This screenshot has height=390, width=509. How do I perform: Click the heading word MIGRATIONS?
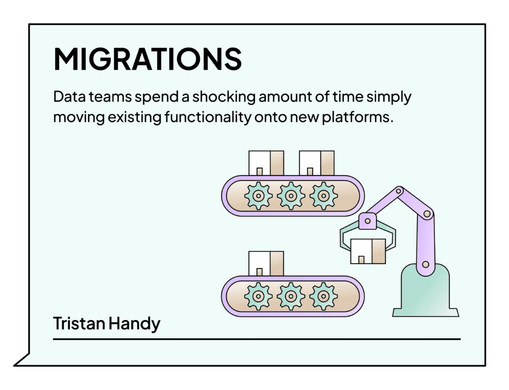pyautogui.click(x=148, y=59)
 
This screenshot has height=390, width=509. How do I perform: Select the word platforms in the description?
pyautogui.click(x=357, y=117)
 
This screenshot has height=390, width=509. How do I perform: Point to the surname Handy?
pyautogui.click(x=134, y=324)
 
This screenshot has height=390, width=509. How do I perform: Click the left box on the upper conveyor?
pyautogui.click(x=266, y=163)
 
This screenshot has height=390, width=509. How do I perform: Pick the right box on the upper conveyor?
pyautogui.click(x=317, y=163)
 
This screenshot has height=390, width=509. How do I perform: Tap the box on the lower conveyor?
pyautogui.click(x=266, y=263)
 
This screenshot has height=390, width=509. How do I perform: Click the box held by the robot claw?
pyautogui.click(x=368, y=251)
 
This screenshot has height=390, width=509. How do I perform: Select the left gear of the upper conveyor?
pyautogui.click(x=258, y=196)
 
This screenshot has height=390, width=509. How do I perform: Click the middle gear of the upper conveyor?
pyautogui.click(x=291, y=196)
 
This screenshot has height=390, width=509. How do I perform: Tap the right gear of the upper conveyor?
pyautogui.click(x=323, y=196)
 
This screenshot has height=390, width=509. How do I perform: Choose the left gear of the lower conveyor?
pyautogui.click(x=258, y=296)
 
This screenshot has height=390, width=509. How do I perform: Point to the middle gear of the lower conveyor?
pyautogui.click(x=291, y=296)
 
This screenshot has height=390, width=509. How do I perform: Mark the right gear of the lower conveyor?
pyautogui.click(x=323, y=296)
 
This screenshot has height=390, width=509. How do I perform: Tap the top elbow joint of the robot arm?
pyautogui.click(x=399, y=191)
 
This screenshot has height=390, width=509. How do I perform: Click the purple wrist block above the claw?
pyautogui.click(x=367, y=221)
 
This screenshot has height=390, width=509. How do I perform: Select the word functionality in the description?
pyautogui.click(x=208, y=117)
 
